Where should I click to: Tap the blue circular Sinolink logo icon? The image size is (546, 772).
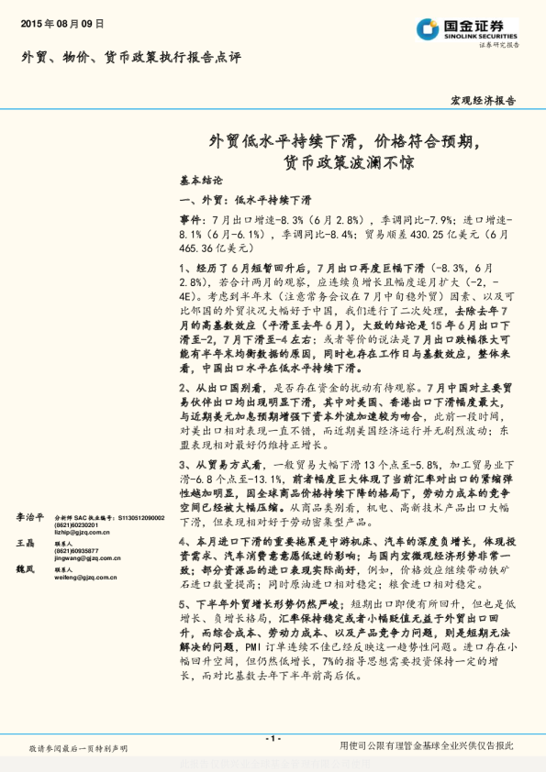428,28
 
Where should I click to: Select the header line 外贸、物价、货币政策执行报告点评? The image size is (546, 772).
132,57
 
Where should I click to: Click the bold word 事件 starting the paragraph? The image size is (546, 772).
191,221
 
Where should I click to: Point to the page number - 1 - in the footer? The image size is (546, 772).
273,738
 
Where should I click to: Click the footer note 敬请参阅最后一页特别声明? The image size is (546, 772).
78,749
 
